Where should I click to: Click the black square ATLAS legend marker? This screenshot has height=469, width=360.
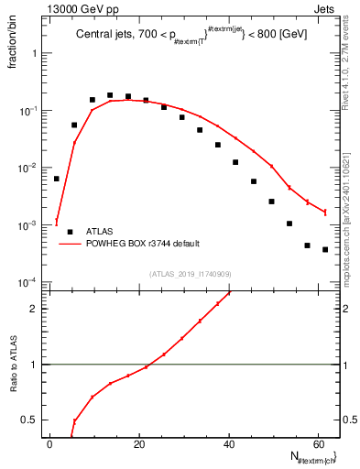70,232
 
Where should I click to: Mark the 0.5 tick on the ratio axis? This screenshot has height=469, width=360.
34,420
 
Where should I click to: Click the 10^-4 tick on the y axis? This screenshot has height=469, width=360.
29,282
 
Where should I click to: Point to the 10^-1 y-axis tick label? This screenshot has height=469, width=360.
29,111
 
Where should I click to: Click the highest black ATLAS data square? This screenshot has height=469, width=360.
110,95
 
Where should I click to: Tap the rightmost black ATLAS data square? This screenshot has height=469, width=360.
325,249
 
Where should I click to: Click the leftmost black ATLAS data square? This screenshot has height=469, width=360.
57,179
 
